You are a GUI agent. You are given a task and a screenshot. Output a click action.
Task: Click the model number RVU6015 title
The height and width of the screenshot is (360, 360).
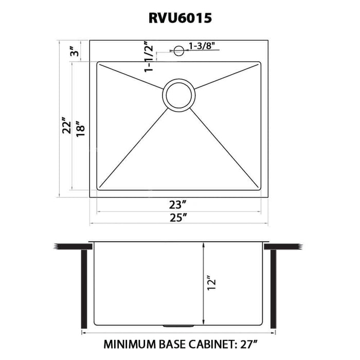pyautogui.click(x=179, y=18)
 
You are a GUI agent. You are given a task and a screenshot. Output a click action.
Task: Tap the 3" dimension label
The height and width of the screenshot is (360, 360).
pyautogui.click(x=75, y=51)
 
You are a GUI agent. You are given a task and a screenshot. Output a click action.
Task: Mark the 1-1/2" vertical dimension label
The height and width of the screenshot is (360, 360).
pyautogui.click(x=150, y=56)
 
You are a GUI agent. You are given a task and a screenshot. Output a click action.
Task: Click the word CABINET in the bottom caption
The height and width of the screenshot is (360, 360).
pyautogui.click(x=210, y=344)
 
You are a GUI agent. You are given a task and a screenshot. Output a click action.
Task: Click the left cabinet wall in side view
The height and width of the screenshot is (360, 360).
pyautogui.click(x=82, y=288)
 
